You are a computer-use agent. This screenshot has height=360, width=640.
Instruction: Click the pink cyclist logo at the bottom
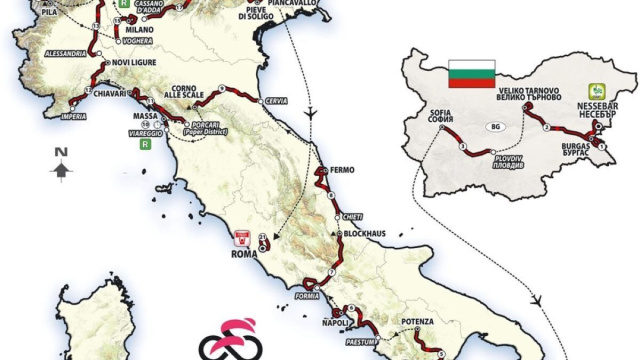point(227,338)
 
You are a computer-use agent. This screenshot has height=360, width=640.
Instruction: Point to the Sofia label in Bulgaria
point(441,119)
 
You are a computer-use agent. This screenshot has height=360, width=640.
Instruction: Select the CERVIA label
point(278,102)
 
